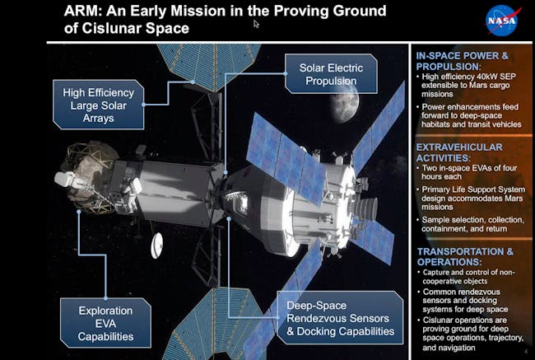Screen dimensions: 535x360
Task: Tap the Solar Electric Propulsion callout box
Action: point(331,74)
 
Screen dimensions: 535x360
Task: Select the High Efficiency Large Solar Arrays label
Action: point(98,105)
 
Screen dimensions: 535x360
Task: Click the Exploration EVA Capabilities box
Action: point(105,323)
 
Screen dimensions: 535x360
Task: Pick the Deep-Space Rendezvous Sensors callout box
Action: point(340,318)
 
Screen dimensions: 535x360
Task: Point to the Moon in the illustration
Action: point(344,105)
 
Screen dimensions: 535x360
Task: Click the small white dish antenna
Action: point(156,245)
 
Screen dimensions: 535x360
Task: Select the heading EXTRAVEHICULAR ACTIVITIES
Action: point(459,152)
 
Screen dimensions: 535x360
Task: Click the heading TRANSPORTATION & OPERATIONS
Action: point(465,256)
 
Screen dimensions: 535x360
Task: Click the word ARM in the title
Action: point(83,11)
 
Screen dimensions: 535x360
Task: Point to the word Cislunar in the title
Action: point(112,28)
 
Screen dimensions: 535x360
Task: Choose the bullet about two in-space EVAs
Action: point(468,172)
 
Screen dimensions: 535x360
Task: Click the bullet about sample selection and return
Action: point(471,224)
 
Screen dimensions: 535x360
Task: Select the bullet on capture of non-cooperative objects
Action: point(466,277)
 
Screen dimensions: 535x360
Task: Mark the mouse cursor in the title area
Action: point(256,24)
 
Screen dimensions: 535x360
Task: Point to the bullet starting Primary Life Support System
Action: point(471,198)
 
